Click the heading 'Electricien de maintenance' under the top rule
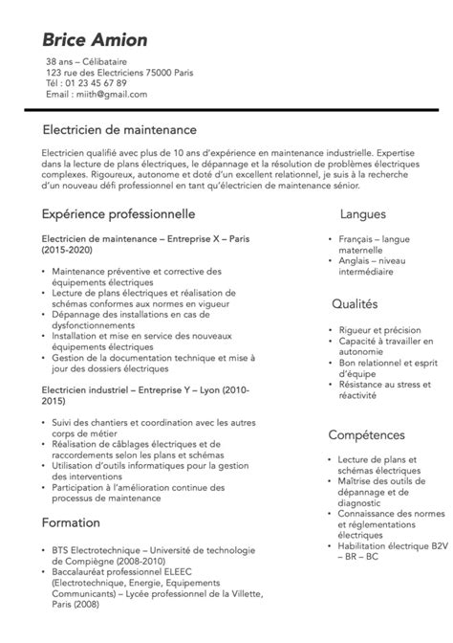pos(119,129)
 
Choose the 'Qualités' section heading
pos(355,303)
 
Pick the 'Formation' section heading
pos(71,522)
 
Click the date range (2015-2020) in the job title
pos(69,249)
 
